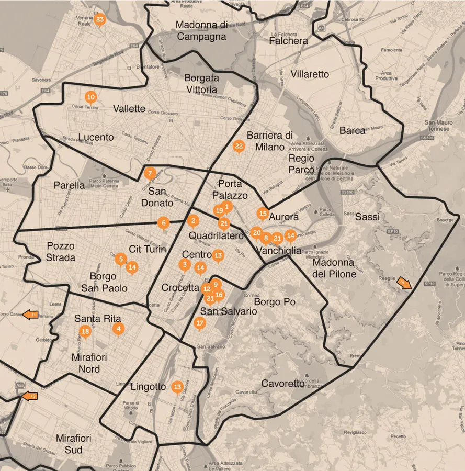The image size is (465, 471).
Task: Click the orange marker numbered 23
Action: coord(100,20)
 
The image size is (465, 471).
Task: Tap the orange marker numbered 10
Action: coord(91,97)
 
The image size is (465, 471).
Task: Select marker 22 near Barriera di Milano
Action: coord(239,147)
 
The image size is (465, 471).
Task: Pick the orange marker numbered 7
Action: coord(150,173)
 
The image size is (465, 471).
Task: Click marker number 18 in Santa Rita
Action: coord(85,331)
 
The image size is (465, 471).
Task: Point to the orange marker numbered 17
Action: coord(199,323)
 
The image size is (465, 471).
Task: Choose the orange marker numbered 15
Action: coord(263,214)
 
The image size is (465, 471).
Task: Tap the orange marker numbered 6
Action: coord(164,223)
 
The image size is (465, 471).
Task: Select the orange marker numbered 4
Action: coord(119,329)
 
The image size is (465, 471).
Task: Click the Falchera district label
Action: coord(288,41)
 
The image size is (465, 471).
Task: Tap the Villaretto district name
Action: coord(310,74)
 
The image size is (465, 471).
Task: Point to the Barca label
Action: coord(352,130)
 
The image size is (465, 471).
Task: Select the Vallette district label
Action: coord(129,109)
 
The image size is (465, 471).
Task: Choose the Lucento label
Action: coord(96,137)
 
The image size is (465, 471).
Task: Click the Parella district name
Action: coord(69,185)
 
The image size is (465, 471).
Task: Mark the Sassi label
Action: coord(367,217)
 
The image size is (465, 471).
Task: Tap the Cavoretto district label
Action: coord(283,384)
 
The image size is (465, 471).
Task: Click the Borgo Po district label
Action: coord(275,302)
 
